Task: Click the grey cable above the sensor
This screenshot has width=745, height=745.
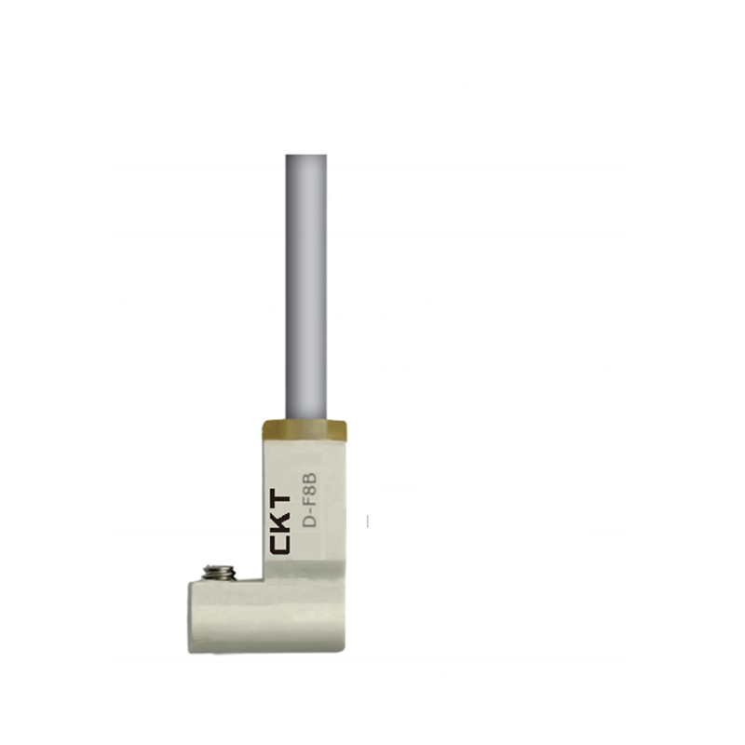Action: click(x=306, y=287)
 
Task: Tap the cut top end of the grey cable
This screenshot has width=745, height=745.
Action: click(x=306, y=155)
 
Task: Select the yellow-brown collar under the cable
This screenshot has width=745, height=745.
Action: click(x=305, y=429)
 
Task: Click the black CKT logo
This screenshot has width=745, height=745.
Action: click(x=280, y=521)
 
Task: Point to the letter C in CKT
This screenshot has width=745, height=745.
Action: click(x=280, y=544)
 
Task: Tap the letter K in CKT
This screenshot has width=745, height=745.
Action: click(x=280, y=521)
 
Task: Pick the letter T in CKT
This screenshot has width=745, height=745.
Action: click(x=280, y=499)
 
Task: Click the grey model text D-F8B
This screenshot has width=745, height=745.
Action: click(x=310, y=500)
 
